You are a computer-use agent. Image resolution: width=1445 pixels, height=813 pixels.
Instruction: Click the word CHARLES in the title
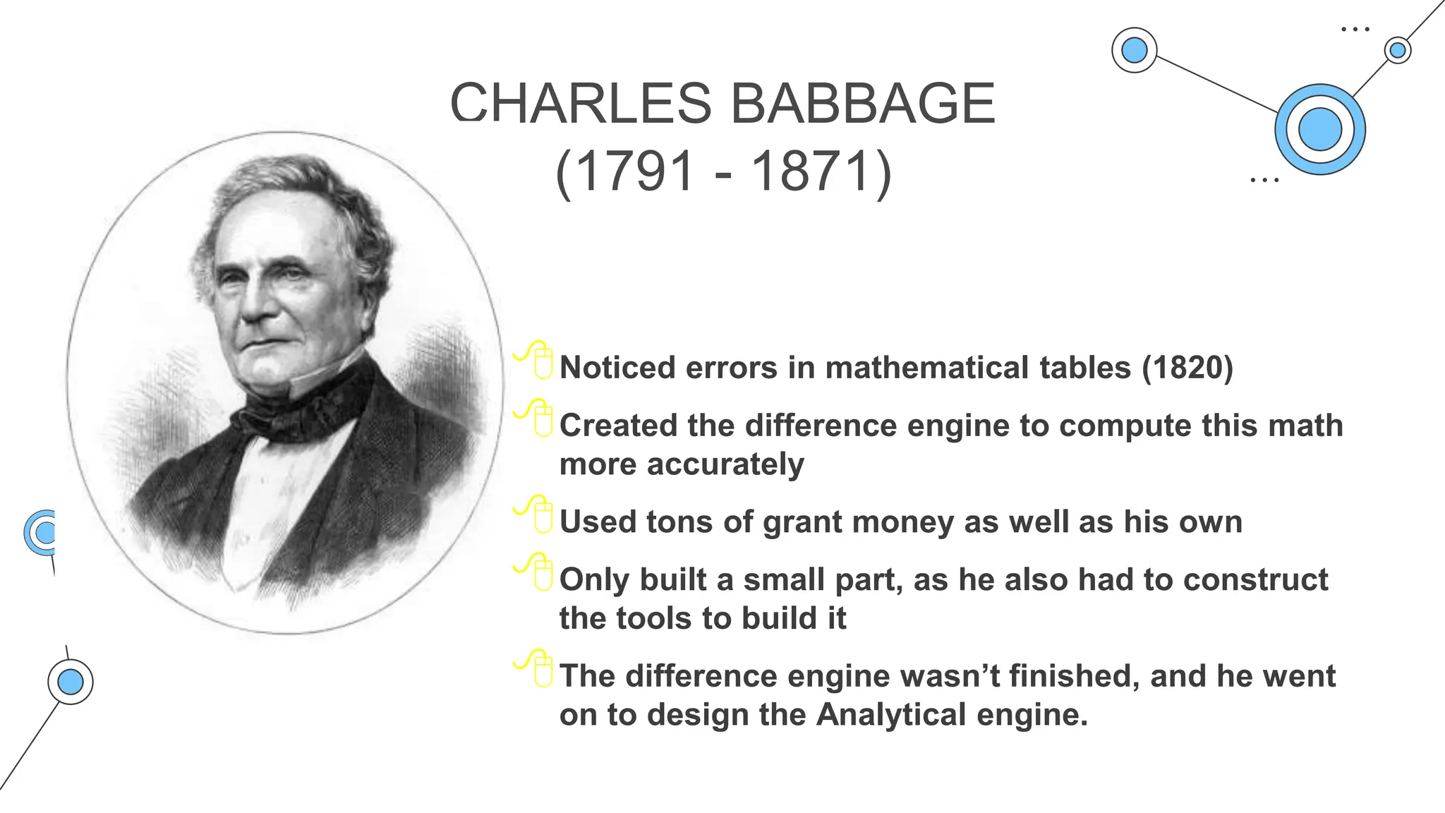[x=581, y=104]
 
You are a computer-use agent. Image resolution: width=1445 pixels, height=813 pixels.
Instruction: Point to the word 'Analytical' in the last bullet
[x=891, y=714]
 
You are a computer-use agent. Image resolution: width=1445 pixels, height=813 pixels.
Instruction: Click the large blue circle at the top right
[x=1319, y=130]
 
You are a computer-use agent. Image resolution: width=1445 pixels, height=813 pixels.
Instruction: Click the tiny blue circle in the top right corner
[x=1397, y=51]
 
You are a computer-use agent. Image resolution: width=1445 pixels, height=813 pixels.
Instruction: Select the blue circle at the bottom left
[x=71, y=682]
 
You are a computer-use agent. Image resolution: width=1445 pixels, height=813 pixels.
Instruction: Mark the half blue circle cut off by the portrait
[x=42, y=532]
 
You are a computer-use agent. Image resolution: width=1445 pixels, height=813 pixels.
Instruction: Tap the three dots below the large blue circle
[x=1264, y=181]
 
